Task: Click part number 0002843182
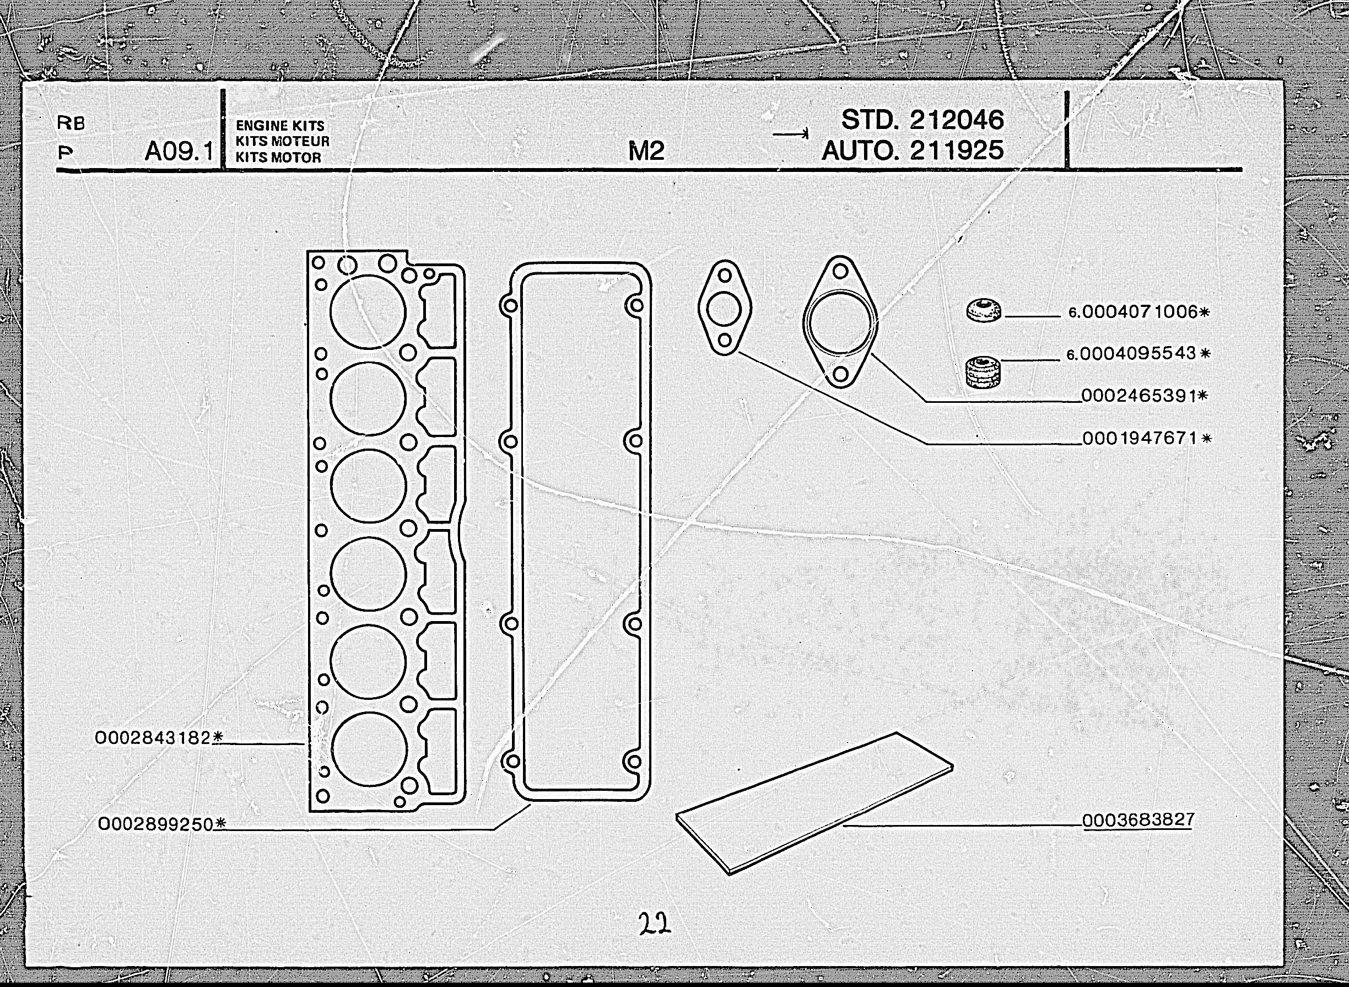(x=154, y=738)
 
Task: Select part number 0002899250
(x=156, y=824)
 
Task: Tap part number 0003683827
(x=1138, y=819)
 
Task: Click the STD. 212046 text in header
(x=922, y=120)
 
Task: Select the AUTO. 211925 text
(x=912, y=150)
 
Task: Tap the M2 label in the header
(x=646, y=151)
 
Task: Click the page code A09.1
(x=179, y=152)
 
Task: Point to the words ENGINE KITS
(x=279, y=126)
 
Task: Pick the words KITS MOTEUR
(x=282, y=142)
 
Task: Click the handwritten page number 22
(x=654, y=923)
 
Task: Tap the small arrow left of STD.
(x=790, y=133)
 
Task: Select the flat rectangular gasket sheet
(x=814, y=803)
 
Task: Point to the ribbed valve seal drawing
(x=983, y=371)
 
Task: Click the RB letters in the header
(x=71, y=123)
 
